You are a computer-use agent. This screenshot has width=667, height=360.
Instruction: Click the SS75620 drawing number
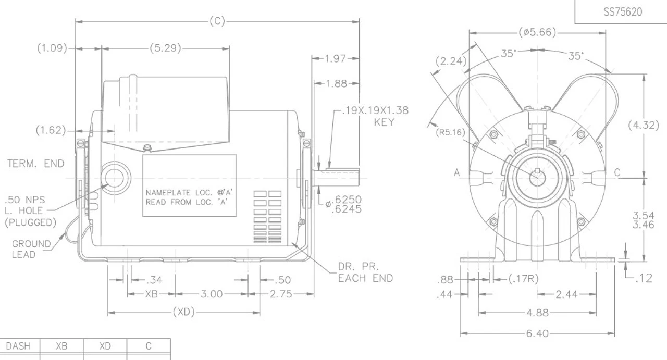pyautogui.click(x=623, y=12)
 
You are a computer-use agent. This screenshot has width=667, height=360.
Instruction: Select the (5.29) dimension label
pyautogui.click(x=165, y=48)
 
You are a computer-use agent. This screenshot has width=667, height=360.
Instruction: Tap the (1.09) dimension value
pyautogui.click(x=52, y=48)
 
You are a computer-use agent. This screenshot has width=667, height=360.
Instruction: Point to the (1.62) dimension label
pyautogui.click(x=51, y=130)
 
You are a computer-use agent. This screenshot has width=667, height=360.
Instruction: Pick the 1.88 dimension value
pyautogui.click(x=337, y=83)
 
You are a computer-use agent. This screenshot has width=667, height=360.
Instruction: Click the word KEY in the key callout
pyautogui.click(x=384, y=122)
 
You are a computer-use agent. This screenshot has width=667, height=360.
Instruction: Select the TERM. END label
pyautogui.click(x=35, y=164)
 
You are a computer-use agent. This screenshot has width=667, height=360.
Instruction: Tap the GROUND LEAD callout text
pyautogui.click(x=31, y=249)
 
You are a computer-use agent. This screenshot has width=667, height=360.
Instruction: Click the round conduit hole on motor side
pyautogui.click(x=113, y=178)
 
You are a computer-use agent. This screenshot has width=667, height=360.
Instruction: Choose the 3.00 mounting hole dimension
pyautogui.click(x=211, y=294)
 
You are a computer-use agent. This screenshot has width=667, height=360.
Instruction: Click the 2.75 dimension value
pyautogui.click(x=281, y=294)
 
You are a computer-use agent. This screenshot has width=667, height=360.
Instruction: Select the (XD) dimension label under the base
pyautogui.click(x=183, y=313)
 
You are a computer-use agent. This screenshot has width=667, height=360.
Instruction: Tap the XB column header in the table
pyautogui.click(x=61, y=346)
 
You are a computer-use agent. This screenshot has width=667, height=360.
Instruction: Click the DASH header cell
pyautogui.click(x=18, y=346)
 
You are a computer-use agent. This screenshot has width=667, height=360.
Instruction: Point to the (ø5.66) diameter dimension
pyautogui.click(x=537, y=33)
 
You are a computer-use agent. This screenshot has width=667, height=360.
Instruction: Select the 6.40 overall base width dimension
pyautogui.click(x=537, y=333)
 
